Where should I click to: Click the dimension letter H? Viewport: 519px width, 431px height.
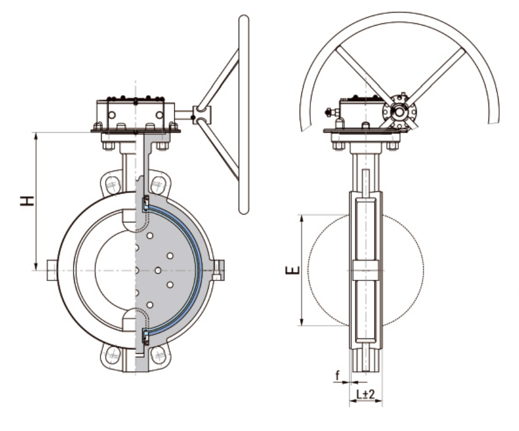(x=27, y=201)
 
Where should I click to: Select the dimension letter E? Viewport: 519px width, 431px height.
(x=293, y=270)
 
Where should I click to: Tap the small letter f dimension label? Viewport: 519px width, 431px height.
(x=337, y=376)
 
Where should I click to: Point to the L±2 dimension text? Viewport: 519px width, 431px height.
(x=365, y=394)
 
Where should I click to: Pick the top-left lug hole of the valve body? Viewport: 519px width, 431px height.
(x=112, y=185)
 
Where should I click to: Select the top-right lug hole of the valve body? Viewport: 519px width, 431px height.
(x=158, y=185)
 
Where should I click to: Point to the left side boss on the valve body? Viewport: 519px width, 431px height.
(x=51, y=270)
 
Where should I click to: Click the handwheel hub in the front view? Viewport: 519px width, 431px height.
(x=202, y=115)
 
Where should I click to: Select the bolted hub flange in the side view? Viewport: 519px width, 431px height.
(x=399, y=112)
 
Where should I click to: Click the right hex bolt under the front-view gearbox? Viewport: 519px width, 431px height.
(x=162, y=146)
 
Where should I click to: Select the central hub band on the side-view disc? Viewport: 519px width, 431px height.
(x=366, y=270)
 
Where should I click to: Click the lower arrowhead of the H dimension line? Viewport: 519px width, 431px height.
(x=36, y=266)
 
